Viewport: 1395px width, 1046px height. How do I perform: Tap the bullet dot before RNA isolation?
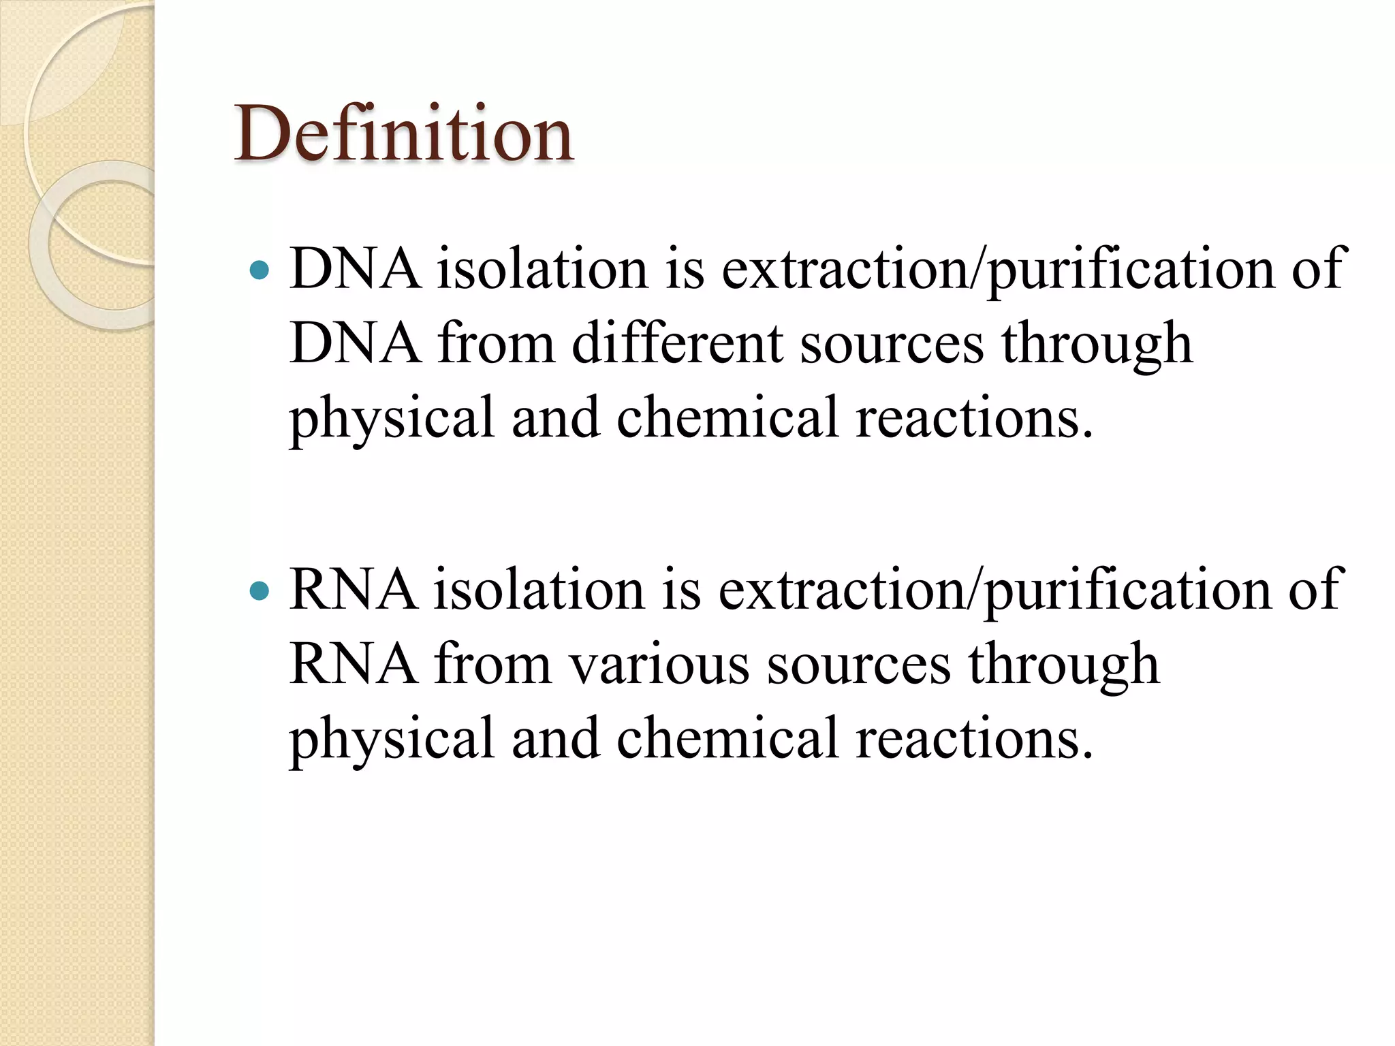tap(260, 590)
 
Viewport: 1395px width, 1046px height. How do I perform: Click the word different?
tap(677, 343)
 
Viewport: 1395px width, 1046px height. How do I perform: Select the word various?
tap(659, 664)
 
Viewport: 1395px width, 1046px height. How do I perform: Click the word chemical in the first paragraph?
tap(727, 417)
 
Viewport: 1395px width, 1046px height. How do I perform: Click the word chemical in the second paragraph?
tap(727, 738)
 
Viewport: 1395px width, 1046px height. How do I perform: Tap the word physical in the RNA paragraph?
tap(392, 740)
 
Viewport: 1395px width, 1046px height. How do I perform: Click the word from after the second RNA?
tap(492, 664)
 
